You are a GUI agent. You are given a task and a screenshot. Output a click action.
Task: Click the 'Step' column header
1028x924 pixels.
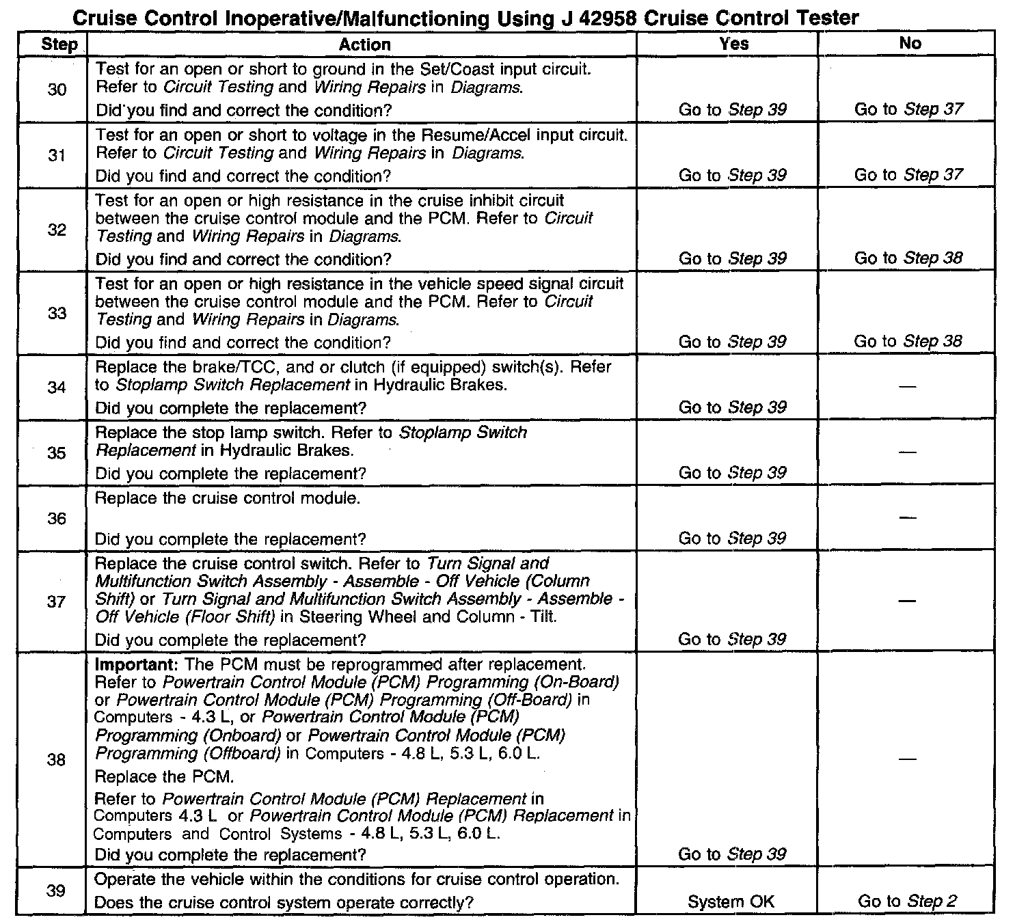(x=59, y=45)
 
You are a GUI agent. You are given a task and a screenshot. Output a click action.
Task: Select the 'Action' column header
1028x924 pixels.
(x=364, y=45)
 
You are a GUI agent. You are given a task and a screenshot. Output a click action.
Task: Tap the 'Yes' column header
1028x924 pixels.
(x=733, y=44)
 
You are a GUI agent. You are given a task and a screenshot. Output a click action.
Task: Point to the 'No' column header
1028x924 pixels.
(x=910, y=43)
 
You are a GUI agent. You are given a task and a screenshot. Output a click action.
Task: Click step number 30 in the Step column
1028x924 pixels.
(x=57, y=90)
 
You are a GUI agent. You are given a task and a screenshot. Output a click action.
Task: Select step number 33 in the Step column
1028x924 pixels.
(x=57, y=313)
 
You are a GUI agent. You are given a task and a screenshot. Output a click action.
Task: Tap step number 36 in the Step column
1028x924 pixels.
(x=57, y=519)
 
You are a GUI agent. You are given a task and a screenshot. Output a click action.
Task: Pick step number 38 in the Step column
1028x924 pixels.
(x=57, y=760)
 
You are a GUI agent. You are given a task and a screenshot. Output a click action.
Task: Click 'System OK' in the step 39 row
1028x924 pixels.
(x=731, y=902)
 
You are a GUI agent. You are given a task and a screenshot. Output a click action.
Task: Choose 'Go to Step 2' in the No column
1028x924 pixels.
(x=907, y=901)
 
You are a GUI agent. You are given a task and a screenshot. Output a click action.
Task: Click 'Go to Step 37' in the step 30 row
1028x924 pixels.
(x=908, y=109)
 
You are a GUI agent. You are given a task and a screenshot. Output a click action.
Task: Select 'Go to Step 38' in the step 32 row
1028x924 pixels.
(x=908, y=258)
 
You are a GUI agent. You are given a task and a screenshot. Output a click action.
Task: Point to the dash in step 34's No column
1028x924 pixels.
(x=907, y=387)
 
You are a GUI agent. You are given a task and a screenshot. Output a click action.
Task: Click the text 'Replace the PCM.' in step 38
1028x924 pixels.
(x=164, y=777)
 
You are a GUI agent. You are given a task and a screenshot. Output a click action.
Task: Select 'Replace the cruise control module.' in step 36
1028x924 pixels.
(x=227, y=498)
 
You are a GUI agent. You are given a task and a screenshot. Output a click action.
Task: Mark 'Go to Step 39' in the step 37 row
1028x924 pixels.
(x=732, y=640)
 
